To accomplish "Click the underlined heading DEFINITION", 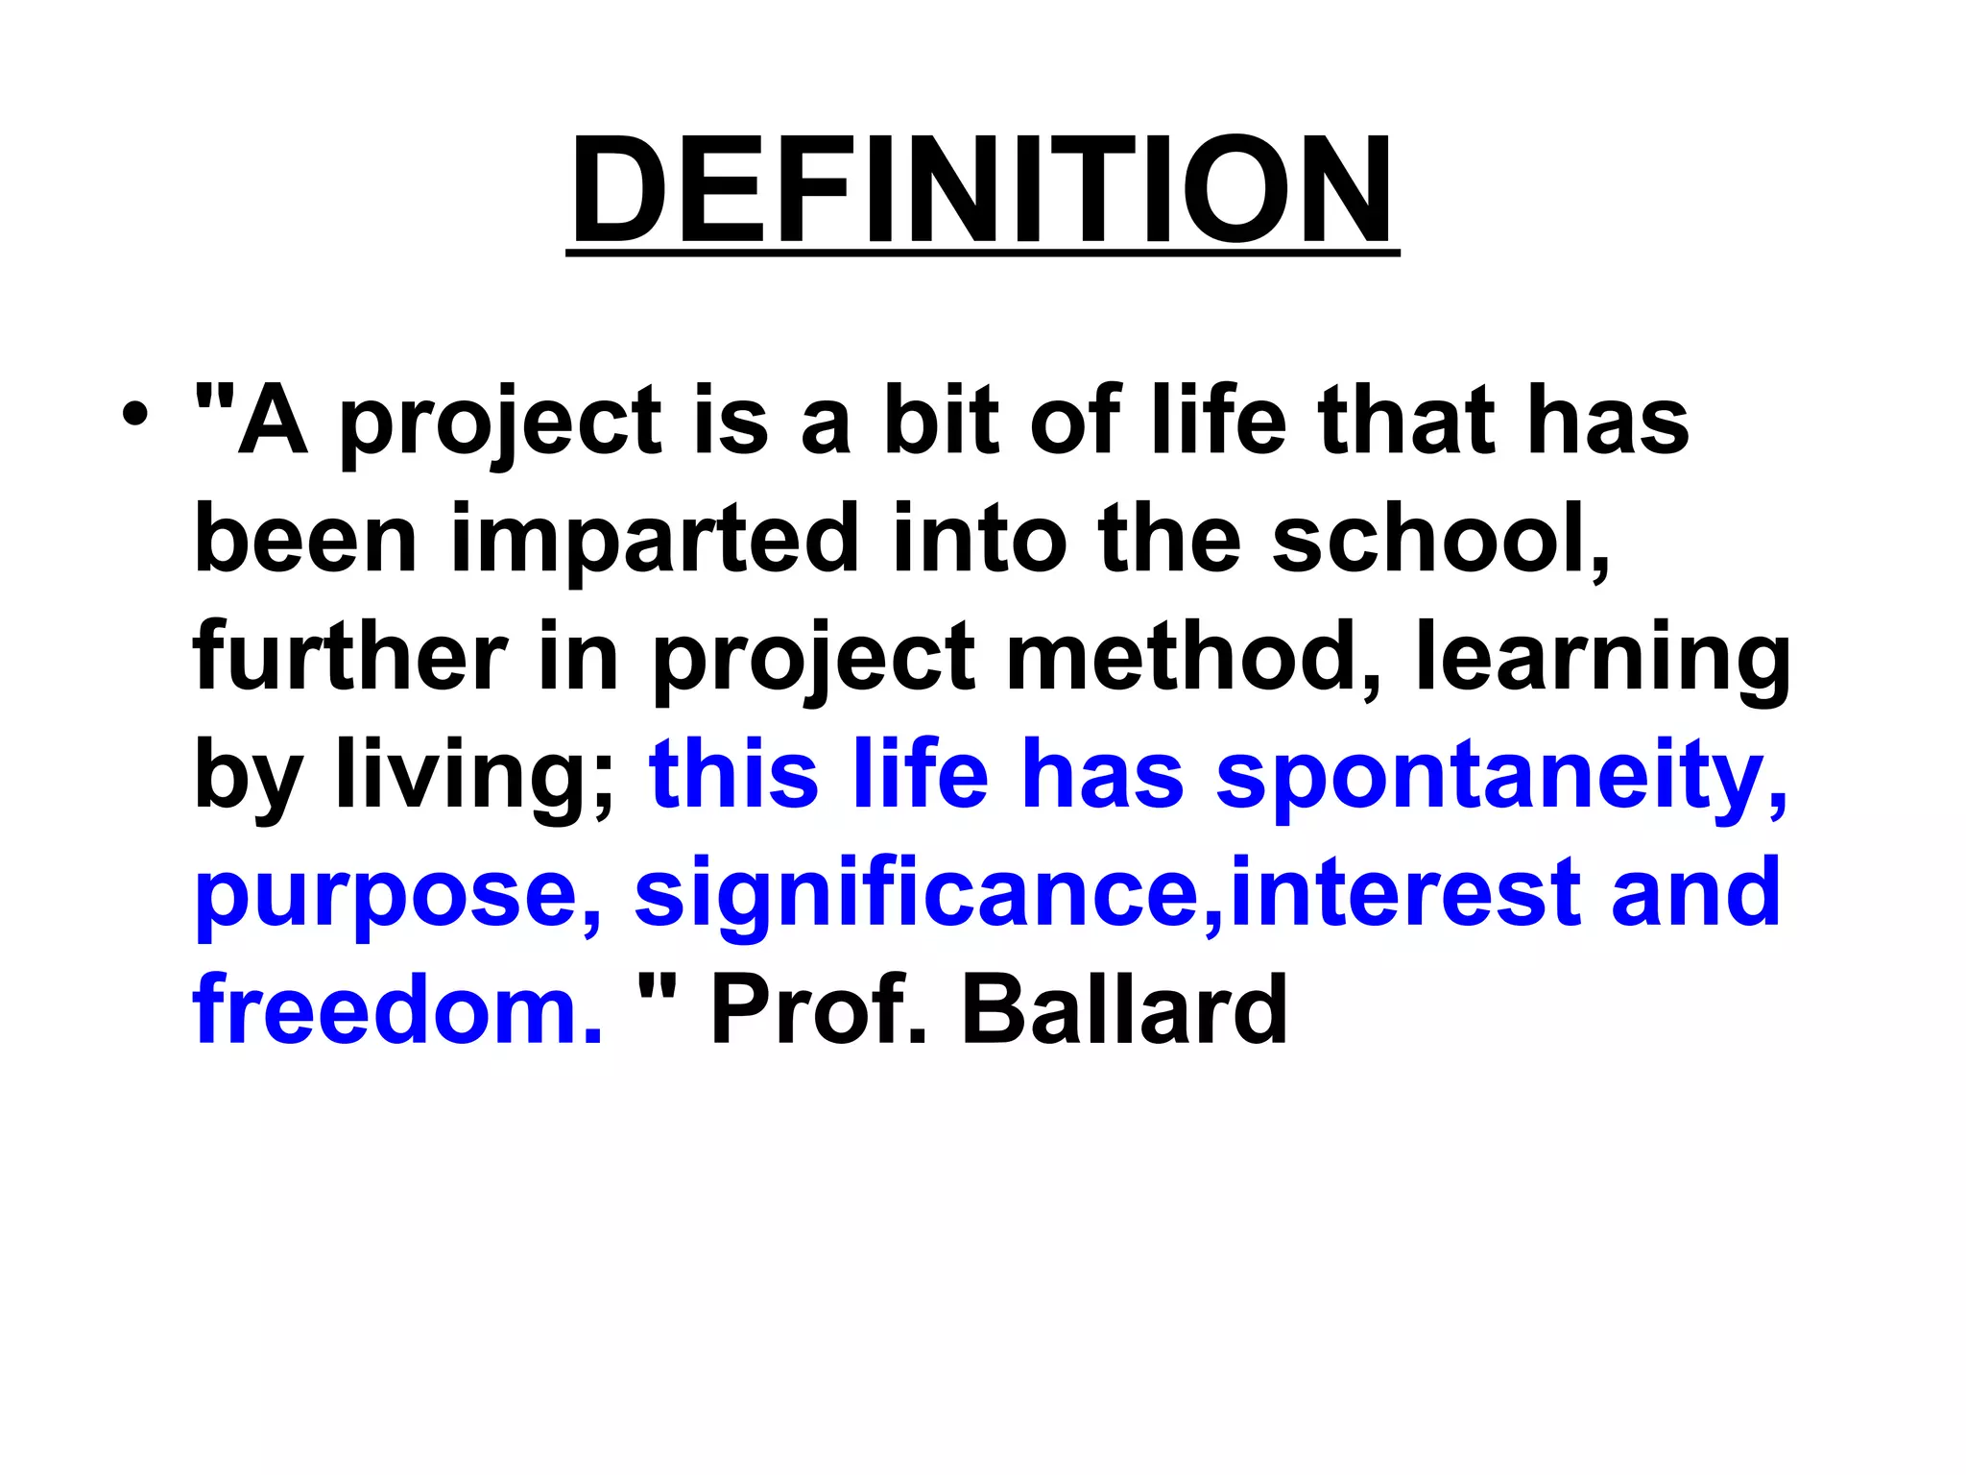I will coord(981,190).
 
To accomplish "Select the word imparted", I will coord(655,540).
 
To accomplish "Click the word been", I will coord(305,540).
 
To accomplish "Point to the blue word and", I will coord(1695,893).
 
